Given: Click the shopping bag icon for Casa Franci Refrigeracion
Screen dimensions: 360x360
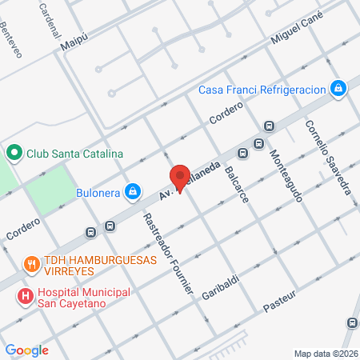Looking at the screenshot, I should [339, 87].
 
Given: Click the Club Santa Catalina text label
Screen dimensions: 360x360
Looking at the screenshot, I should [73, 154].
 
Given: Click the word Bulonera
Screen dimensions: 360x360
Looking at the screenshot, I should [98, 192].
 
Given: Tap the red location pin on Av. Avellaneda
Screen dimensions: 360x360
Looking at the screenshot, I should [179, 178].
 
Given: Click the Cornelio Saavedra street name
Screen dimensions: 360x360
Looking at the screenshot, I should [327, 157].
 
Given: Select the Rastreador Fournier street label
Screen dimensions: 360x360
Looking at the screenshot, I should [167, 254].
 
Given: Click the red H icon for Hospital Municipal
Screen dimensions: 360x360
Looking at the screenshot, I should [26, 296].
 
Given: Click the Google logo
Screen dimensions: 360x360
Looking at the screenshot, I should [27, 350].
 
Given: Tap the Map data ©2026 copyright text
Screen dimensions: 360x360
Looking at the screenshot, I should [325, 353].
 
